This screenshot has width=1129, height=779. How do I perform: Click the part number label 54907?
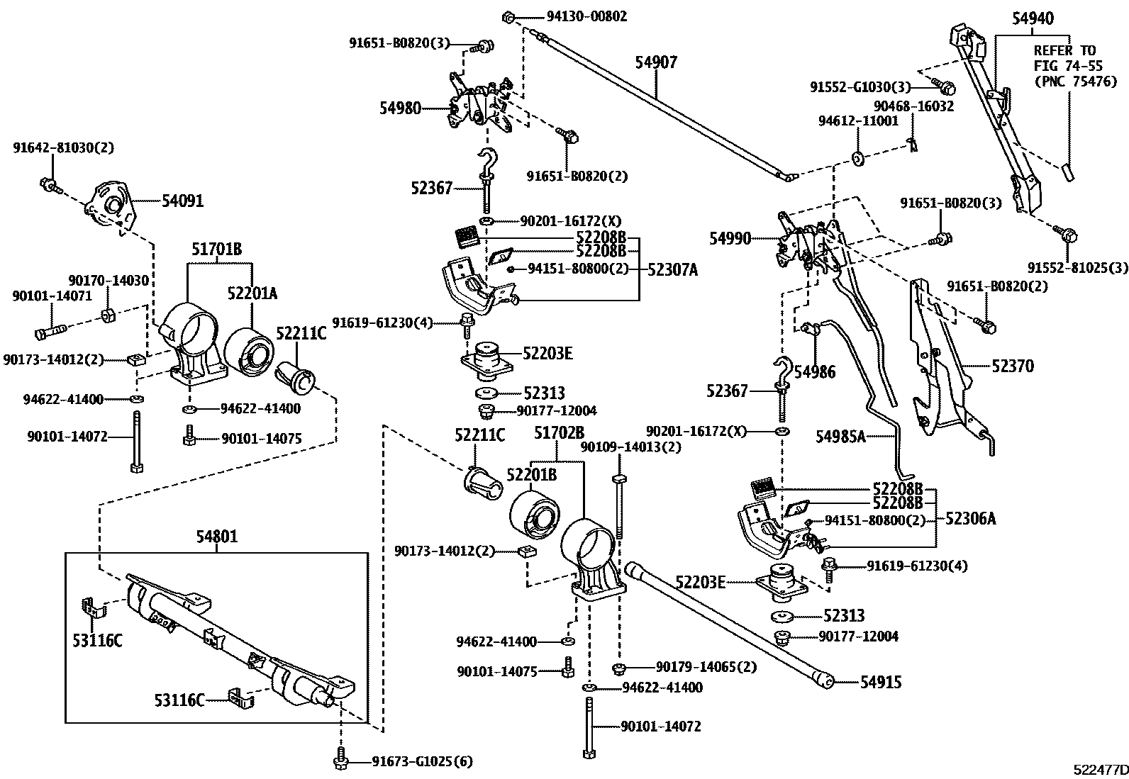click(655, 62)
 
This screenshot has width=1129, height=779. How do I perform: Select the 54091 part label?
click(182, 201)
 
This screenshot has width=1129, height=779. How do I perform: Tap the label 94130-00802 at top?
click(586, 16)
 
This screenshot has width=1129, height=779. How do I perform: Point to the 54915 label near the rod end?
click(881, 682)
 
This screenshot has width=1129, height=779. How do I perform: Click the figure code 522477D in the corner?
click(1099, 769)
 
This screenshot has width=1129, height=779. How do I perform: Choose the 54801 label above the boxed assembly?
click(216, 537)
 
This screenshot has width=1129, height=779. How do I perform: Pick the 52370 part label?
click(1013, 366)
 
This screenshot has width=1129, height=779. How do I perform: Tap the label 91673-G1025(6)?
click(422, 762)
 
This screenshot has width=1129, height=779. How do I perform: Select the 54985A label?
click(840, 437)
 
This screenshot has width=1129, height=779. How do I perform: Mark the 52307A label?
click(672, 269)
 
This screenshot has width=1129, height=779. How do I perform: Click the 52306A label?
click(970, 519)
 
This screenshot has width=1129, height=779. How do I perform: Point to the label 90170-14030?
click(109, 281)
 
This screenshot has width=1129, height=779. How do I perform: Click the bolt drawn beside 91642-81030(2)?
click(49, 185)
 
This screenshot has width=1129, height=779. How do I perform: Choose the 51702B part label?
click(559, 432)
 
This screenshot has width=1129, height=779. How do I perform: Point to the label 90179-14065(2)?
click(706, 667)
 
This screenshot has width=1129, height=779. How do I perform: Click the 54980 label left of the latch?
click(400, 108)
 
